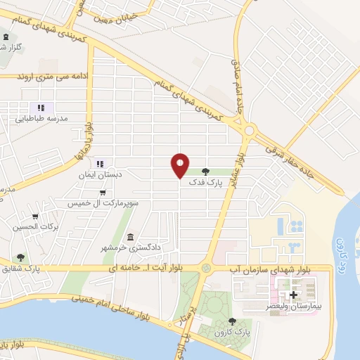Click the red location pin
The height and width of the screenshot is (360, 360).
[181, 165]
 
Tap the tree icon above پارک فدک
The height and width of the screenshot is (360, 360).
[205, 170]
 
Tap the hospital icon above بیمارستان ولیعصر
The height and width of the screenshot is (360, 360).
[293, 295]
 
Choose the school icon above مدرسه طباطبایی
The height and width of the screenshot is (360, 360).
[41, 108]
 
